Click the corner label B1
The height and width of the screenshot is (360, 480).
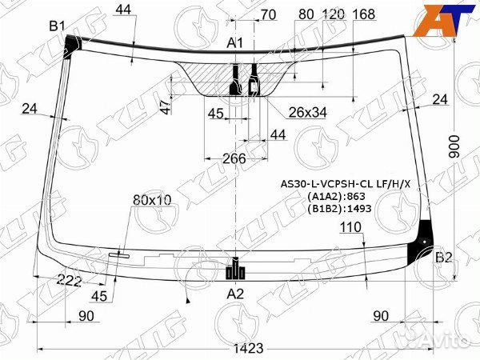58,26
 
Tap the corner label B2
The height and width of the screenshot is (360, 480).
443,258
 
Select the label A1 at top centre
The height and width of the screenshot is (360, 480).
234,43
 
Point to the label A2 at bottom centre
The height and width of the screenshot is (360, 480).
235,294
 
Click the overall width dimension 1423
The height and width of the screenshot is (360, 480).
249,348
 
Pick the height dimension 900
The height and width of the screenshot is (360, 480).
454,146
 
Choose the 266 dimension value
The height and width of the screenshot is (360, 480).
234,158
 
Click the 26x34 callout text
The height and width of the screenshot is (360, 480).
308,113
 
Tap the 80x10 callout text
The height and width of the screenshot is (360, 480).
152,200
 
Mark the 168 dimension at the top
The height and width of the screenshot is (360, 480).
364,14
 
